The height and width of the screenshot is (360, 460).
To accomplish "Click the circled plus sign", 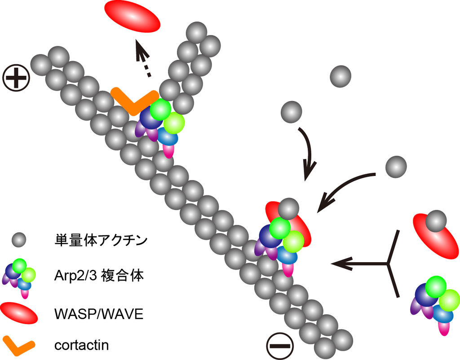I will [16, 78].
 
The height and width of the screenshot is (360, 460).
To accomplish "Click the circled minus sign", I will [280, 346].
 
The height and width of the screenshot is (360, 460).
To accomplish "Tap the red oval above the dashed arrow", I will [132, 17].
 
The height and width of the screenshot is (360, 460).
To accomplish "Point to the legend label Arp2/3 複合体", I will [99, 275].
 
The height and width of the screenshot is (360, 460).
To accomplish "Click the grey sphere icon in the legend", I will [19, 241].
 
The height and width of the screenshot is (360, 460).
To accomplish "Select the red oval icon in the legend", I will [19, 313].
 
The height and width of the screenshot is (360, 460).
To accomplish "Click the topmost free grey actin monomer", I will [341, 76].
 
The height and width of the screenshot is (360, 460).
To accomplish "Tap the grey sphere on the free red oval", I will [436, 221].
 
